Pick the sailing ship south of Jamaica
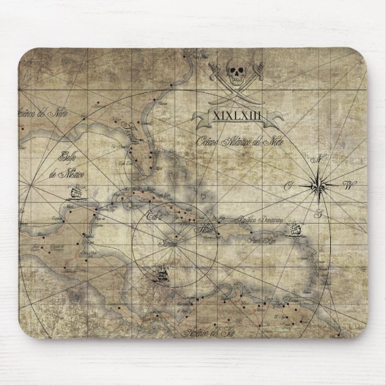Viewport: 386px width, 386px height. click(161, 276)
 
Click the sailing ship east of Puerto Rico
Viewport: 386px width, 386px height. click(294, 230)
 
